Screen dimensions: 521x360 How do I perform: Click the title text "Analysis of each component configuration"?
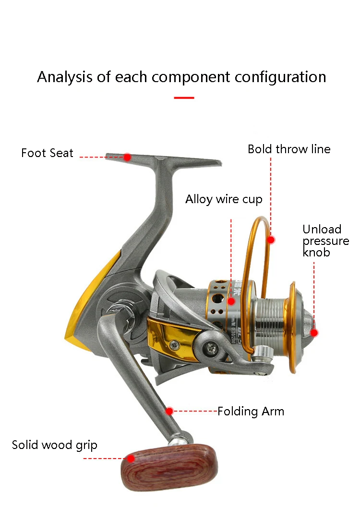coord(181,77)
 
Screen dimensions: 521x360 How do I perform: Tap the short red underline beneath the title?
coord(184,97)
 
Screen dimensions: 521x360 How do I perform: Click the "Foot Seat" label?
coord(47,153)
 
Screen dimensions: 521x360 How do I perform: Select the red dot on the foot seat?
coord(127,157)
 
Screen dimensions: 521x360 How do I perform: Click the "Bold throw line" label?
coord(289,149)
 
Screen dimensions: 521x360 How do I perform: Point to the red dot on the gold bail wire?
coord(271,239)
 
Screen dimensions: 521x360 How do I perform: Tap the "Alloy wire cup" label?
coord(224,199)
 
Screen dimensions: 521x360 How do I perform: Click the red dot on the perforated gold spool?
coord(231,302)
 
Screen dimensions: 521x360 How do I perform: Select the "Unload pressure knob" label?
coord(325,241)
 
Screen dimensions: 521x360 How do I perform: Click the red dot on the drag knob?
coord(314,332)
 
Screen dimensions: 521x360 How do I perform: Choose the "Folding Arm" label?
coord(251,412)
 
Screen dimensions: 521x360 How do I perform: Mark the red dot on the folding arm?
coord(169,411)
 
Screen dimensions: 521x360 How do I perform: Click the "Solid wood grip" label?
coord(55,445)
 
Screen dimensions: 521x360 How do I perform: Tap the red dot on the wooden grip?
coord(131,459)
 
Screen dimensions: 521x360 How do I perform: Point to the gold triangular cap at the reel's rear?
coord(89,307)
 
